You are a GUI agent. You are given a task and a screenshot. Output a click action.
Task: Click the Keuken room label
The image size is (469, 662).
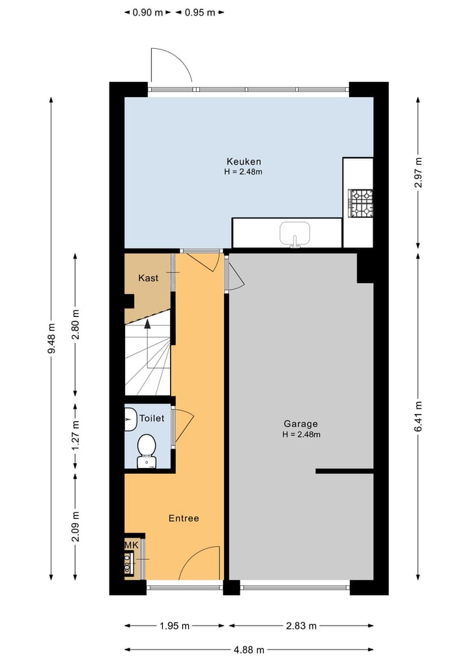click(244, 161)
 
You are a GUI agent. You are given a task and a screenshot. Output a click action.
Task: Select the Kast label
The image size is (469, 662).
click(149, 278)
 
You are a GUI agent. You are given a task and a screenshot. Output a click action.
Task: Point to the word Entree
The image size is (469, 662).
click(184, 518)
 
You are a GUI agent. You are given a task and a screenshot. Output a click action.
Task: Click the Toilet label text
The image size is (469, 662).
click(152, 419)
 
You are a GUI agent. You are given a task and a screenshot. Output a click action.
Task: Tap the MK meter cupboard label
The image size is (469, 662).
click(132, 544)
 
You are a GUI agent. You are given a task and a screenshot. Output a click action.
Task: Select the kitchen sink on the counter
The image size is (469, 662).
click(295, 233)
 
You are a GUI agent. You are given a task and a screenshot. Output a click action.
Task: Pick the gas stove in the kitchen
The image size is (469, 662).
click(362, 203)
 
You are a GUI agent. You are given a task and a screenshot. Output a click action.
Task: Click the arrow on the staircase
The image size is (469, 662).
click(147, 324)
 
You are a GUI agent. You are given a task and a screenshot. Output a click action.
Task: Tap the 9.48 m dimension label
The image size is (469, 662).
click(51, 338)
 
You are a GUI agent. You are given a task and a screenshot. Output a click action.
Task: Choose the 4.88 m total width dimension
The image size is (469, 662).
click(249, 649)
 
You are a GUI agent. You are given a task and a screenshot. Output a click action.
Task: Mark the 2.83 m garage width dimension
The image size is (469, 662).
click(301, 626)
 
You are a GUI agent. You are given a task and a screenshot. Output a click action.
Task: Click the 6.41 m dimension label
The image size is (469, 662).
click(418, 415)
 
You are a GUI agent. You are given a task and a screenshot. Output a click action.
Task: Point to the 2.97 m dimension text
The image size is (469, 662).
click(418, 172)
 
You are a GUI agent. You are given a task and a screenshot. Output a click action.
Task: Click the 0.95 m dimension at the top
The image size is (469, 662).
click(199, 12)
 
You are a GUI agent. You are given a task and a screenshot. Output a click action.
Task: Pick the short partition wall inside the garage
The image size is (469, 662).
click(345, 471)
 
